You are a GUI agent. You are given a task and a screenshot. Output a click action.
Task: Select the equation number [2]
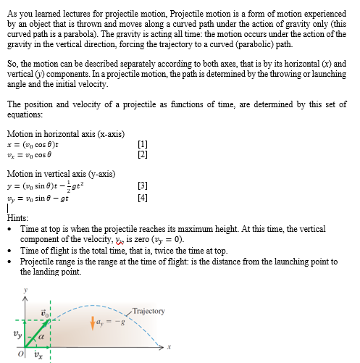click(x=143, y=154)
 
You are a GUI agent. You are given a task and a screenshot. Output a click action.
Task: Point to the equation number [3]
click(x=143, y=185)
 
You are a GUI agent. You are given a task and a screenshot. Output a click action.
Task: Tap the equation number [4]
click(x=143, y=196)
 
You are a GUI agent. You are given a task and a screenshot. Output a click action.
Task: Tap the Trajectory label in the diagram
click(x=149, y=311)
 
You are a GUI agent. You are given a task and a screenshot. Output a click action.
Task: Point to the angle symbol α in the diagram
click(x=42, y=337)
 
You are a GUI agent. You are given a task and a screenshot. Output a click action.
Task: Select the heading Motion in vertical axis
click(x=61, y=174)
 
